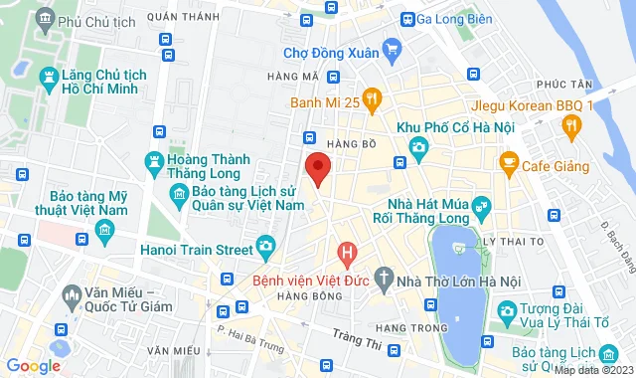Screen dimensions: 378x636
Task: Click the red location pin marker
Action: (x=317, y=168)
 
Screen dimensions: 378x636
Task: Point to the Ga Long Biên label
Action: (x=455, y=19)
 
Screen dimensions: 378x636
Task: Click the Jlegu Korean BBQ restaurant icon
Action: (x=570, y=124)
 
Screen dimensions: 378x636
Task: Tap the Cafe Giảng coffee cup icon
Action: (x=508, y=160)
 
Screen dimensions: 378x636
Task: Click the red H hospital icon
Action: (x=346, y=253)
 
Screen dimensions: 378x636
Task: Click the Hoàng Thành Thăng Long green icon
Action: (x=154, y=160)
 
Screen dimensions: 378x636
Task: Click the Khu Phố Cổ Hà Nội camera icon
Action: (x=418, y=147)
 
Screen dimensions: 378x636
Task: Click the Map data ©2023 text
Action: (x=592, y=371)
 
